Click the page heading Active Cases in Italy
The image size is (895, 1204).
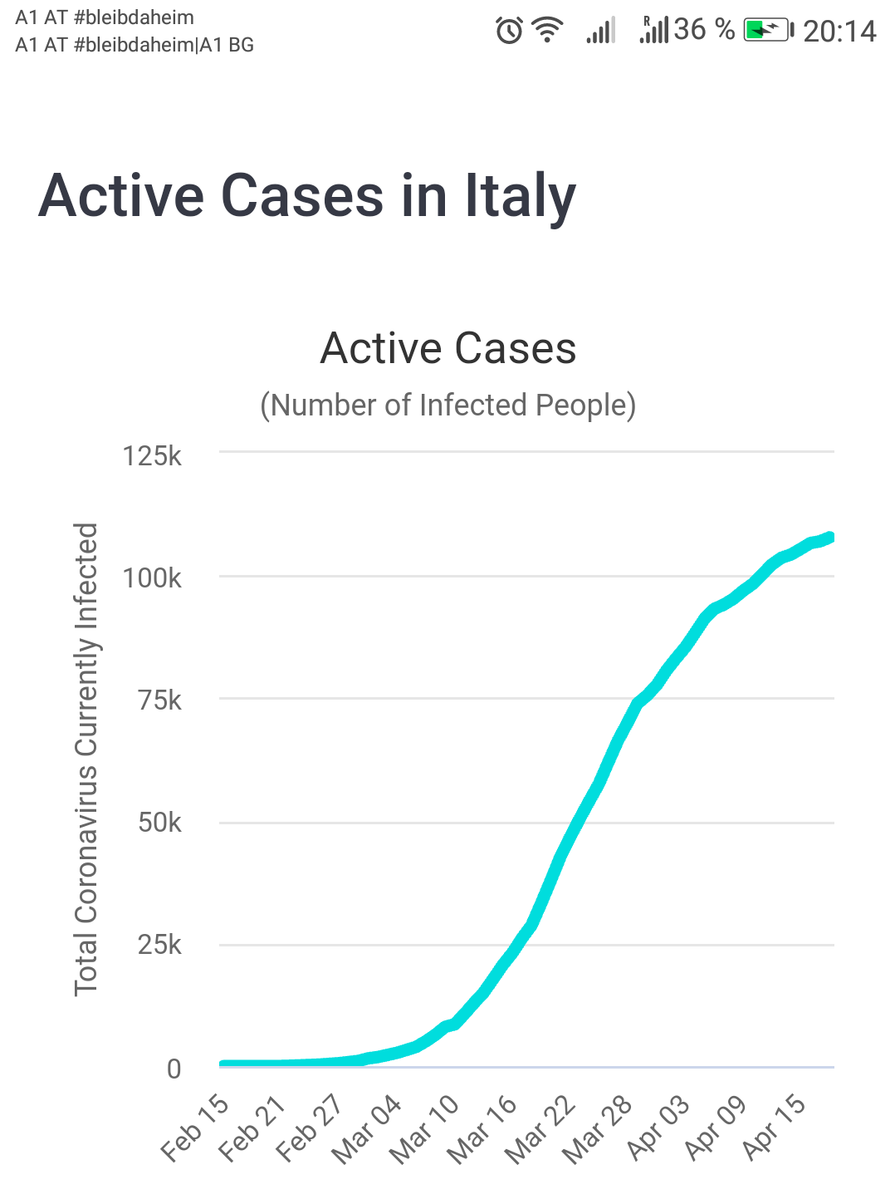point(307,196)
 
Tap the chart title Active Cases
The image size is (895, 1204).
point(448,348)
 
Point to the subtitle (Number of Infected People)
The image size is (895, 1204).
point(448,405)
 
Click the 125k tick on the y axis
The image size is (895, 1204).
point(152,456)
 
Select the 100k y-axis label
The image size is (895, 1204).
point(152,578)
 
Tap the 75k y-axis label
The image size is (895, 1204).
point(159,700)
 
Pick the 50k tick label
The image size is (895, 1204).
point(159,823)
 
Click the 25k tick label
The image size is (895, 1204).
point(159,945)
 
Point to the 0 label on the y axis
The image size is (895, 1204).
point(174,1069)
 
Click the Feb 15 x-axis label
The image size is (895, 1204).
point(195,1128)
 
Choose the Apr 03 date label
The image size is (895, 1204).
point(658,1128)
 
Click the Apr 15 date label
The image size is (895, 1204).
point(774,1128)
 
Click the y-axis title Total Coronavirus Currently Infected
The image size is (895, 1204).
point(86,759)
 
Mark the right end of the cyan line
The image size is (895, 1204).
point(829,538)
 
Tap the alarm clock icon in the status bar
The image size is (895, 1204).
point(509,31)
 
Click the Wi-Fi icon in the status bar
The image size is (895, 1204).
point(547,31)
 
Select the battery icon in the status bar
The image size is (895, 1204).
point(767,31)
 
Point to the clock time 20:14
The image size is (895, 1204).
point(839,32)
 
